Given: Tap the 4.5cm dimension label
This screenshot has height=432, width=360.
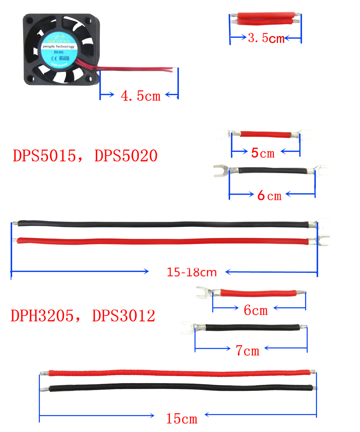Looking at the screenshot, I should tap(140, 96).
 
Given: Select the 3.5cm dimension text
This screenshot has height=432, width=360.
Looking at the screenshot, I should tap(266, 38).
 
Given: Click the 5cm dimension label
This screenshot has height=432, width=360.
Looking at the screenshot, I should tap(262, 153).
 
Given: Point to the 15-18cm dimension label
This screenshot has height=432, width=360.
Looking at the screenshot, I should tap(192, 272).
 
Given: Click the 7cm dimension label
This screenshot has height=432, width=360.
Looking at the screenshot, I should tap(248, 351).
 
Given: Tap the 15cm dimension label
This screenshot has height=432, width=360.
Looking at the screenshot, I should tap(182, 419).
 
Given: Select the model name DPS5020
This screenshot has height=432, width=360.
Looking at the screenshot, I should tap(126, 156).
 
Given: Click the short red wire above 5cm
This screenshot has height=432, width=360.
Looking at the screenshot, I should tap(265, 134).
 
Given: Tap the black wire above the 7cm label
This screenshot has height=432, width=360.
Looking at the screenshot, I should tap(252, 328).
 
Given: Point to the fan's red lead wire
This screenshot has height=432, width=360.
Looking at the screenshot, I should tap(137, 68).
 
